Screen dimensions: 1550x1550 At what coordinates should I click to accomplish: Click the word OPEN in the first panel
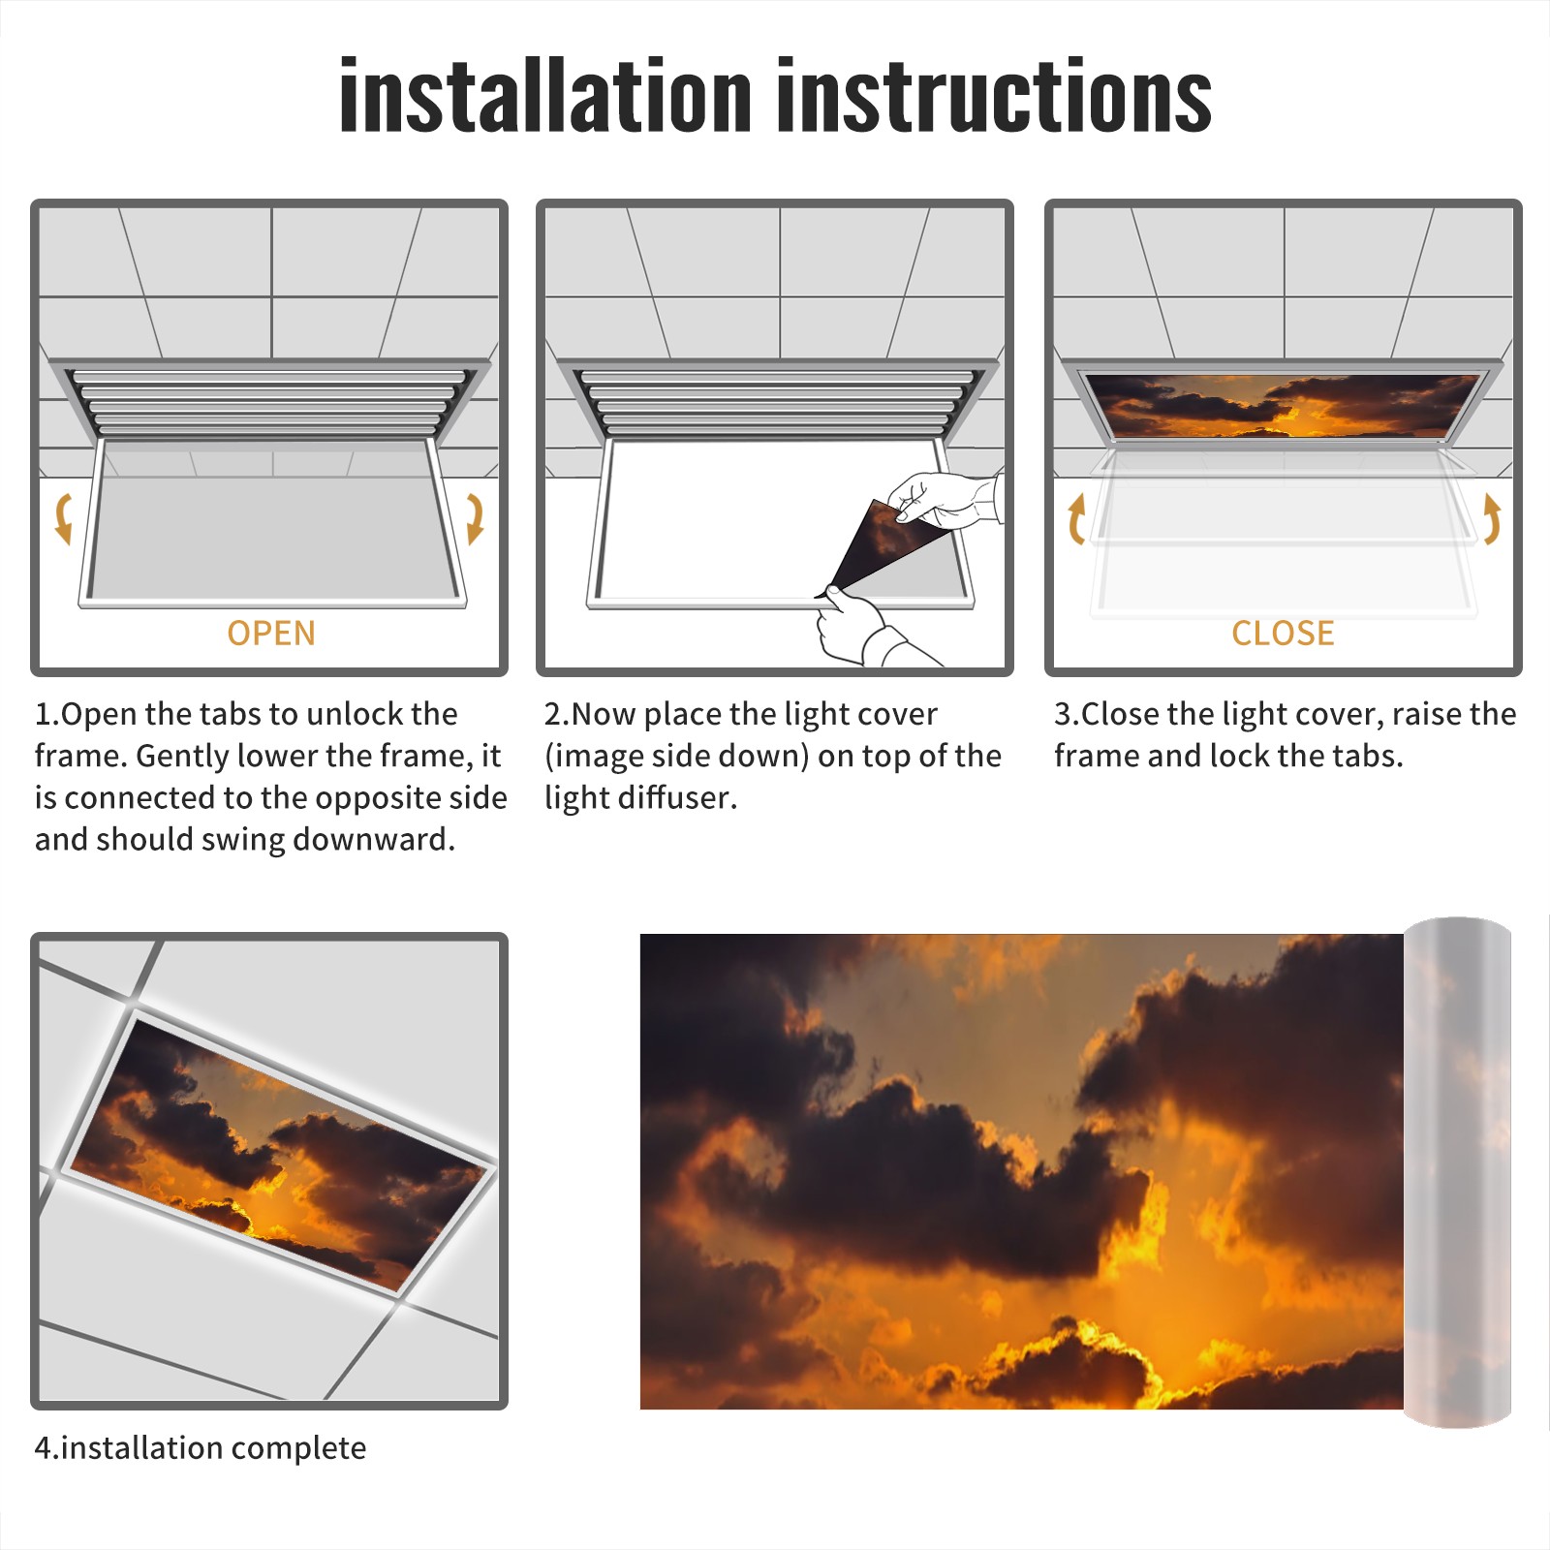tap(271, 634)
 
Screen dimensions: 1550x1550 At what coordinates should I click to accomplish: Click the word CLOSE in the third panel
tap(1283, 634)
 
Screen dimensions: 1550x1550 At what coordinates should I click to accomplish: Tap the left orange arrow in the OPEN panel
tap(64, 518)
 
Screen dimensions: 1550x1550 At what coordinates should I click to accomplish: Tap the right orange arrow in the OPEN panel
tap(475, 518)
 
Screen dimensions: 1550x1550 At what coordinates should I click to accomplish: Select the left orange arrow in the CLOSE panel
tap(1074, 518)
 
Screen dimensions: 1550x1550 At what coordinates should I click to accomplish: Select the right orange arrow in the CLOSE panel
tap(1492, 518)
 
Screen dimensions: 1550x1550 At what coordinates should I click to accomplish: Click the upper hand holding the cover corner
tap(945, 500)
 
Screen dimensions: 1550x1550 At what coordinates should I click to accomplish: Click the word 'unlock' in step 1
tap(360, 714)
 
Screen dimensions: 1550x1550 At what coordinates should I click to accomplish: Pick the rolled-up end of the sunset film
tap(1457, 1172)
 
